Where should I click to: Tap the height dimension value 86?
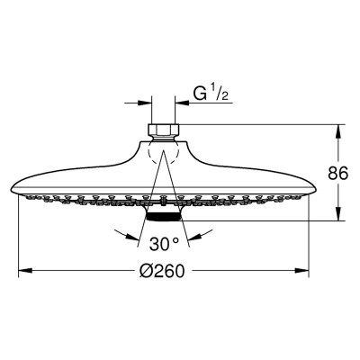[x=338, y=173]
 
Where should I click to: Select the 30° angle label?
[x=164, y=244]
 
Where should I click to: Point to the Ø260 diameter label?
[x=162, y=271]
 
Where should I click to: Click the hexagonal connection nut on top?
[x=164, y=130]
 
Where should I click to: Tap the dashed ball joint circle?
[x=164, y=150]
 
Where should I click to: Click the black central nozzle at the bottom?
[x=164, y=217]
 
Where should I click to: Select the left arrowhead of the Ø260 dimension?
[x=25, y=271]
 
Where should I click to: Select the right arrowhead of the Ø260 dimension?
[x=302, y=271]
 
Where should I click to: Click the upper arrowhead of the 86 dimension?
[x=338, y=131]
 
